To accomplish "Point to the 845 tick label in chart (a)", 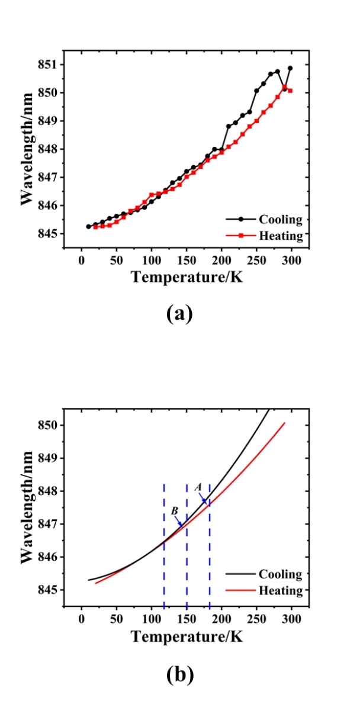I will (x=50, y=234).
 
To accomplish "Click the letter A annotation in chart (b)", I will (x=198, y=486).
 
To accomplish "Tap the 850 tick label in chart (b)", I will (x=50, y=425).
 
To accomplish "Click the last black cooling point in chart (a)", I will (x=290, y=68).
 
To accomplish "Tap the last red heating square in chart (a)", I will (x=290, y=91).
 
